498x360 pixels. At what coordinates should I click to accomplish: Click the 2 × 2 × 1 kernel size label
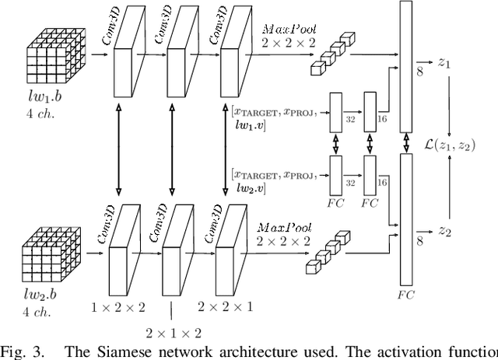(x=226, y=307)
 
